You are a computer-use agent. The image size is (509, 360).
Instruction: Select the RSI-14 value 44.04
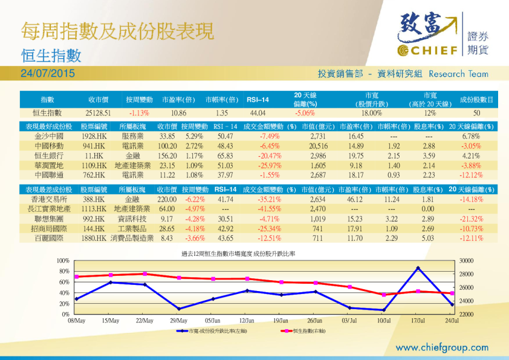click(x=258, y=113)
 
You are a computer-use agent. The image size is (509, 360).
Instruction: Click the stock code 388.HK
click(x=94, y=199)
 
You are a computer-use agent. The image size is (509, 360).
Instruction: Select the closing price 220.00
click(x=167, y=199)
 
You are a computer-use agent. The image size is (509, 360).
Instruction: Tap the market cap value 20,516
click(x=318, y=146)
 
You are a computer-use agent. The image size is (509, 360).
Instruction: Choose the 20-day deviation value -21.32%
click(x=472, y=219)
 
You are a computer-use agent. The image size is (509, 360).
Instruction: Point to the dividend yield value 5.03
click(x=429, y=238)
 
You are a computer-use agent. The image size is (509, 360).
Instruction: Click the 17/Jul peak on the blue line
click(x=418, y=267)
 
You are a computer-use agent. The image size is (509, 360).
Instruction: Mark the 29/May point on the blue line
click(x=179, y=309)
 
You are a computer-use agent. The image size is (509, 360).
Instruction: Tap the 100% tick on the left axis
click(x=63, y=260)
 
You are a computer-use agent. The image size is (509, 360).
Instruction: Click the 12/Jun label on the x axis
click(x=247, y=320)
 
